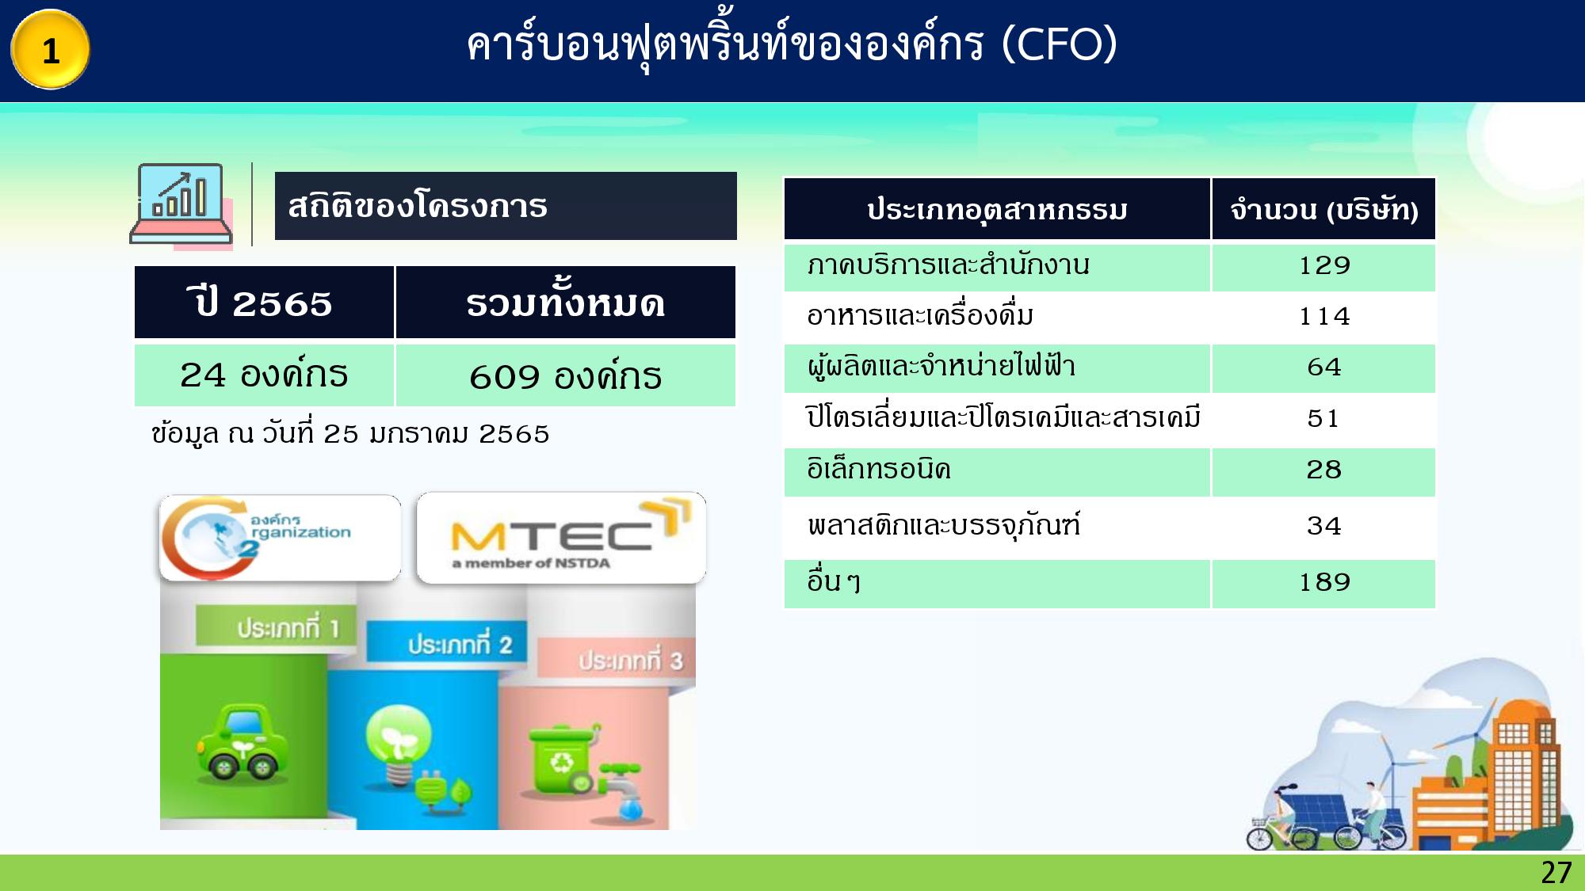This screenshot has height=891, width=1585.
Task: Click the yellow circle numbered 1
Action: coord(50,50)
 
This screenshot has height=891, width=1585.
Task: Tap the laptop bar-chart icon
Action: coord(181,204)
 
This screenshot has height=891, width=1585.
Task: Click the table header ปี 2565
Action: coord(264,303)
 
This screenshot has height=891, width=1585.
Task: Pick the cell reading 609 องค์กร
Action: coord(565,376)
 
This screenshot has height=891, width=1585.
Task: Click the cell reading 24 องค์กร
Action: coord(264,375)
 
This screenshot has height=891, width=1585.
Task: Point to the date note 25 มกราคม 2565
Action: coord(350,434)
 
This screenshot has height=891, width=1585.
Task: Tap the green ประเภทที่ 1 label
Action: coord(277,627)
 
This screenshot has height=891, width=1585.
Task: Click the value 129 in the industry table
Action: coord(1323,265)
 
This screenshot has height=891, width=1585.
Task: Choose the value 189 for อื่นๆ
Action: coord(1323,583)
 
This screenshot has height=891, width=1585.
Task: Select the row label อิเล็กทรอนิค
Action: coord(878,470)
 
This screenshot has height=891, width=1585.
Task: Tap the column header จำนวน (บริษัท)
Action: coord(1323,210)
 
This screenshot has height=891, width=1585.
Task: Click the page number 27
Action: coord(1556,873)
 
